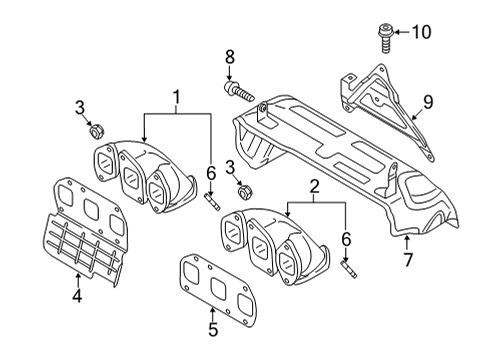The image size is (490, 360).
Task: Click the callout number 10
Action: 422,32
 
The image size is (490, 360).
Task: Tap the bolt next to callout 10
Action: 386,38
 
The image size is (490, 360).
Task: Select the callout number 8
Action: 230,57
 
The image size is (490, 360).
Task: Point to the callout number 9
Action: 428,102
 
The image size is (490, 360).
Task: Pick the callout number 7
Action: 408,260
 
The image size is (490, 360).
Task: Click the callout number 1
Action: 177,97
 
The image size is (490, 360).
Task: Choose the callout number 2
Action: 314,187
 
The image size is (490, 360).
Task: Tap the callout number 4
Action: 77,295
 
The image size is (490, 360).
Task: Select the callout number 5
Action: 213,329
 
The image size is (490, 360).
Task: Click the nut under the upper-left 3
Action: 97,131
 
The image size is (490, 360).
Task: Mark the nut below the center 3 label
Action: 246,192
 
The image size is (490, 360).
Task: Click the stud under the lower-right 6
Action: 349,269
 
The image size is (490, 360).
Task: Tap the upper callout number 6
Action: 211,174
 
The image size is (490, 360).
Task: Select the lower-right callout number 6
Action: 346,239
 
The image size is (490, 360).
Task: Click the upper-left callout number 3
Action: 80,108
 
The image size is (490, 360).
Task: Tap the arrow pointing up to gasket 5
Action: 212,314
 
